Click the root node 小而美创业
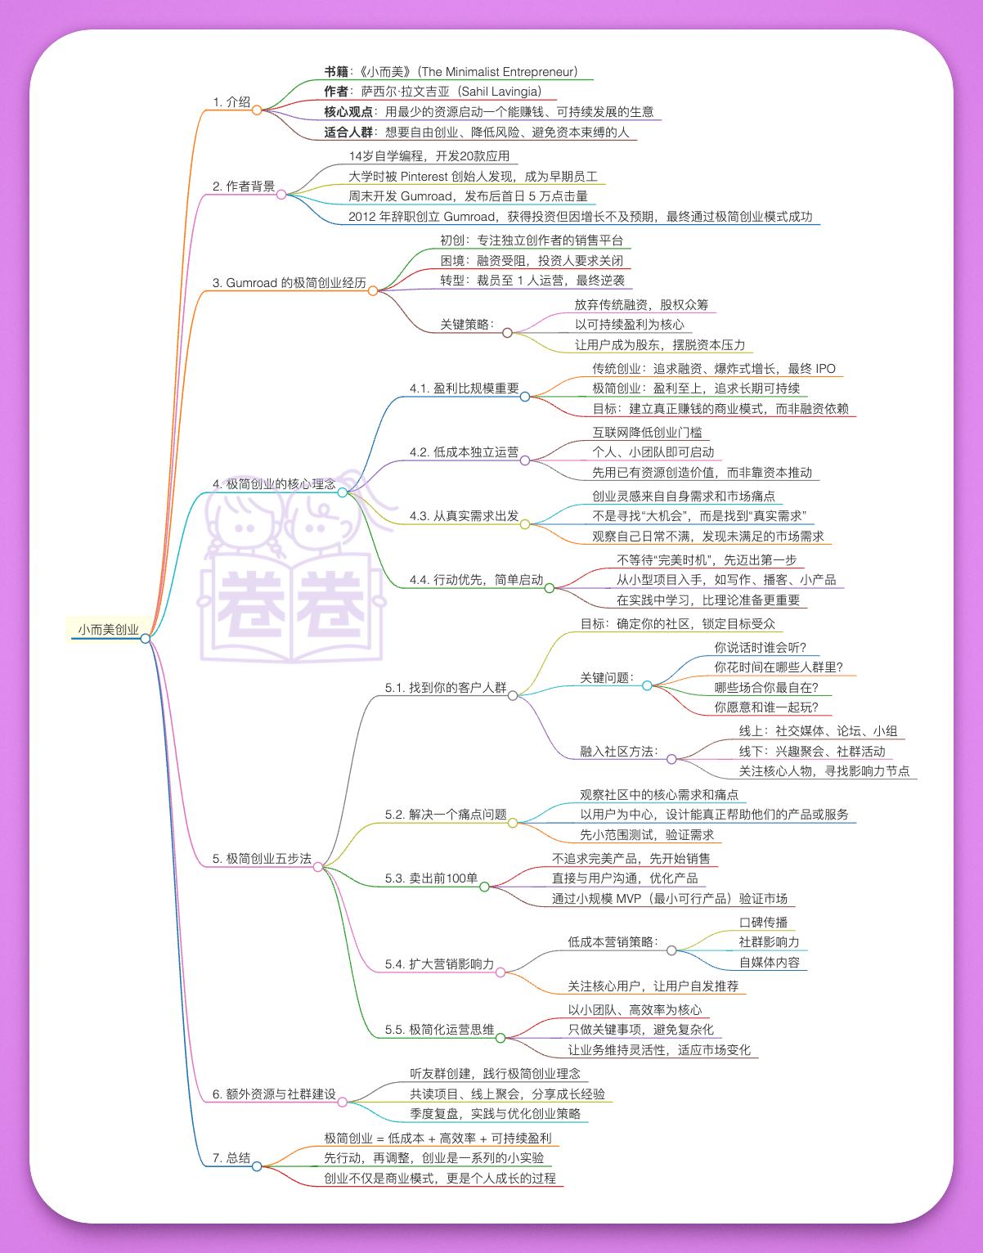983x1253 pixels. click(108, 630)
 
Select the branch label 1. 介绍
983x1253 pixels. click(231, 102)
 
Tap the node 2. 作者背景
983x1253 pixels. click(244, 186)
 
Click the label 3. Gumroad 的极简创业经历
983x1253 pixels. click(290, 283)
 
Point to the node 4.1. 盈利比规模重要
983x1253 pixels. click(464, 388)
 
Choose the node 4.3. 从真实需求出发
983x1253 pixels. click(464, 516)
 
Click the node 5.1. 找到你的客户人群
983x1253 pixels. click(446, 688)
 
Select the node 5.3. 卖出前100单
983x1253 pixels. click(431, 878)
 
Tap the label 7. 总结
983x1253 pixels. click(231, 1158)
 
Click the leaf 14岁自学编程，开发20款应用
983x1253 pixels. click(429, 156)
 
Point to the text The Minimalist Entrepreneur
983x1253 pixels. click(499, 72)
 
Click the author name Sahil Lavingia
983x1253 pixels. click(499, 92)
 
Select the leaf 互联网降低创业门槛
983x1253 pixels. click(647, 433)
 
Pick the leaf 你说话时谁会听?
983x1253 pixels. click(761, 648)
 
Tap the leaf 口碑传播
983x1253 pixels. click(763, 923)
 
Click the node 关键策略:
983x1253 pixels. click(467, 325)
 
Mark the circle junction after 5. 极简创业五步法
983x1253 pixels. click(318, 867)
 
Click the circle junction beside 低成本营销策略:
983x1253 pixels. click(671, 950)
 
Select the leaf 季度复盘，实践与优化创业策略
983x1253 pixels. click(495, 1114)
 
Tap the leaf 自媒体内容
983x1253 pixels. click(770, 963)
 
